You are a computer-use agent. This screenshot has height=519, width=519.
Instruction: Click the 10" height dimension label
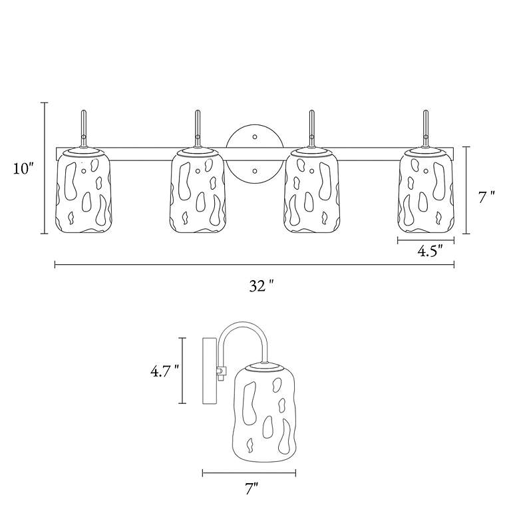[23, 168]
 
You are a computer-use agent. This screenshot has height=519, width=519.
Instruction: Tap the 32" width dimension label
[261, 286]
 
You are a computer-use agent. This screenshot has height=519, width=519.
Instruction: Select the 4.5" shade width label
[429, 252]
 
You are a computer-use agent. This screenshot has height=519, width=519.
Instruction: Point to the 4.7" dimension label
[164, 371]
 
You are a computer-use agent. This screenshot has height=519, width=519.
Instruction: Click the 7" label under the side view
[251, 490]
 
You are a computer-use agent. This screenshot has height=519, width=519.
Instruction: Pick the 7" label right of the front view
[487, 196]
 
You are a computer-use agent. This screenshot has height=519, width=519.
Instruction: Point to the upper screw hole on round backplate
[254, 137]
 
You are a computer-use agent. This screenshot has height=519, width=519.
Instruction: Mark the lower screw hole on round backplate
[254, 171]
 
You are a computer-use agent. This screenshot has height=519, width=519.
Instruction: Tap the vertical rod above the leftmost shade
[84, 126]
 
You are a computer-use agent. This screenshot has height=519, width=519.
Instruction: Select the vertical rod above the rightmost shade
[426, 126]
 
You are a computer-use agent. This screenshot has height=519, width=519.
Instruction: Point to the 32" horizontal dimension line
[166, 265]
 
